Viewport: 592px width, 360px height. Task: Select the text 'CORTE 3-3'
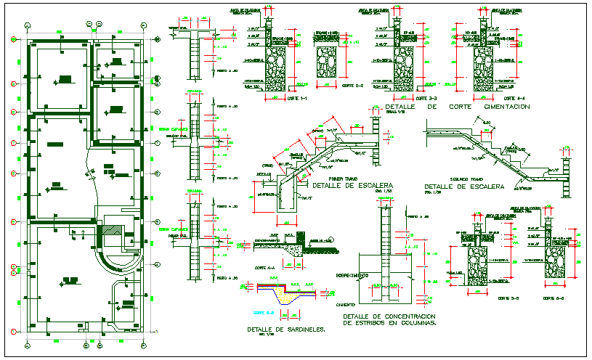pyautogui.click(x=426, y=98)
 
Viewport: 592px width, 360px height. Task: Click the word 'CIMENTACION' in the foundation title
pyautogui.click(x=500, y=107)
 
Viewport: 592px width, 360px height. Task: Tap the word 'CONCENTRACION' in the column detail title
pyautogui.click(x=405, y=316)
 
